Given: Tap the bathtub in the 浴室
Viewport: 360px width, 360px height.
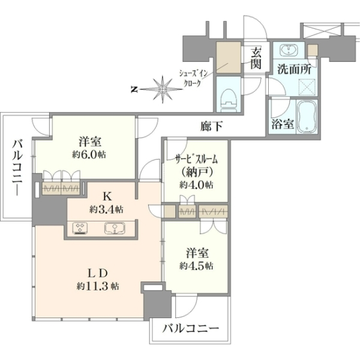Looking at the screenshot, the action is tap(307, 116).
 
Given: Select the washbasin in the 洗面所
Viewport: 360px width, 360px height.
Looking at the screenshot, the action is tap(289, 50).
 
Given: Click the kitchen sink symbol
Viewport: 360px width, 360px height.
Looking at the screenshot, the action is tap(115, 229).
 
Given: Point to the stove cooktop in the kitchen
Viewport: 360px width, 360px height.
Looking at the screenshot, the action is tap(80, 229).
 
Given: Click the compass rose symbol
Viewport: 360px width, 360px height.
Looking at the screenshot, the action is tap(163, 89).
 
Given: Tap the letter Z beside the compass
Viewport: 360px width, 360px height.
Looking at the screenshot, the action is tap(133, 89).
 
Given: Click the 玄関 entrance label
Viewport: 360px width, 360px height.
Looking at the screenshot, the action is tap(256, 59).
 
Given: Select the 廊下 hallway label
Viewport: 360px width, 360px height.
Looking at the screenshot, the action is tap(211, 127).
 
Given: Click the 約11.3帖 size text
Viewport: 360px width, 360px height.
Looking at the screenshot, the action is tap(98, 286).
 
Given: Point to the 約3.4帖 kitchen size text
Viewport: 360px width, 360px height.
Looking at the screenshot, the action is tap(106, 209).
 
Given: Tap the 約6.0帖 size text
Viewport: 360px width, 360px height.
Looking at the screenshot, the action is tap(89, 155).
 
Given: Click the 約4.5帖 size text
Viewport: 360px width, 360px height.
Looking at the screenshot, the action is tap(196, 266).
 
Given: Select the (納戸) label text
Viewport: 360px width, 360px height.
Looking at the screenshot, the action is tap(197, 172).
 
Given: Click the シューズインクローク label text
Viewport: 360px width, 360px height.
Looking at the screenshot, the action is tap(193, 78).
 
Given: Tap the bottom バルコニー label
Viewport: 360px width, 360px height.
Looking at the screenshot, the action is tap(191, 329).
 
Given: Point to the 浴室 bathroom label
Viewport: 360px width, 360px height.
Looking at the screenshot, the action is tap(283, 124).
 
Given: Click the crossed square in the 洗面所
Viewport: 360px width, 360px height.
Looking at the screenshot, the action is tap(307, 87).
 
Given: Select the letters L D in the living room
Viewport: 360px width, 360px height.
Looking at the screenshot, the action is tap(98, 274).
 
